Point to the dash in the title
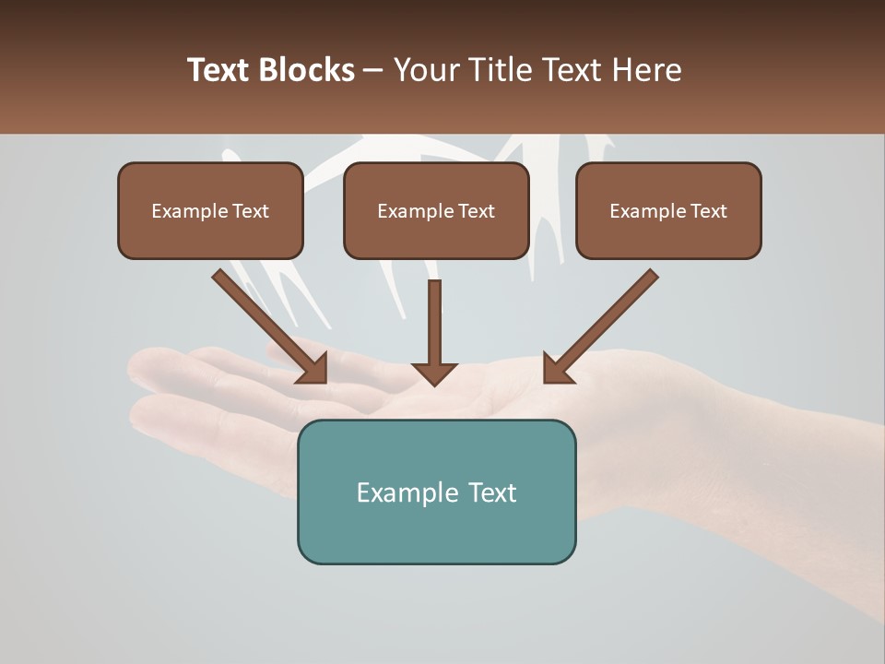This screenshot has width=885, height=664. click(374, 71)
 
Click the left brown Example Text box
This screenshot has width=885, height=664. click(210, 211)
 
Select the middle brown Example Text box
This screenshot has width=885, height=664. click(436, 211)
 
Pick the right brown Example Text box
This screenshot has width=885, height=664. click(668, 211)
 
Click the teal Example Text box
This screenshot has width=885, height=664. click(436, 492)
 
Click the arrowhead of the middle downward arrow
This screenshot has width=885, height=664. click(434, 373)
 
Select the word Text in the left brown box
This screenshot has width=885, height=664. click(251, 211)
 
